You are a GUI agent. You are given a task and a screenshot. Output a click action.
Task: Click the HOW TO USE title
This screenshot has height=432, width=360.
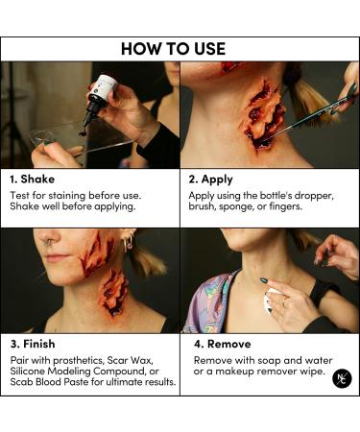(x=173, y=49)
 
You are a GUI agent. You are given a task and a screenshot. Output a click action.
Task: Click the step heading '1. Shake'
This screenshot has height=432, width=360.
(x=32, y=180)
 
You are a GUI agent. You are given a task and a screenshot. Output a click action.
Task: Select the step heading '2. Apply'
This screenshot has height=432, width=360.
(x=210, y=180)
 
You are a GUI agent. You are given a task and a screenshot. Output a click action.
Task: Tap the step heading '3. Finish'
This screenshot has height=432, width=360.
(x=33, y=344)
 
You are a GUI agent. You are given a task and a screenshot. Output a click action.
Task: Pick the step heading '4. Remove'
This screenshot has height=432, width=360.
(x=223, y=344)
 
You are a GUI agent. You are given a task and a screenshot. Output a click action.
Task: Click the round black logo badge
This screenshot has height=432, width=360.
(x=342, y=378)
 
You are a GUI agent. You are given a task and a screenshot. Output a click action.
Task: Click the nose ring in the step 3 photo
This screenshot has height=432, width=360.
(x=48, y=242)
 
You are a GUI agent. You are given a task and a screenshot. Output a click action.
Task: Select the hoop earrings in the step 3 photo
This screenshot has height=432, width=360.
(x=129, y=243)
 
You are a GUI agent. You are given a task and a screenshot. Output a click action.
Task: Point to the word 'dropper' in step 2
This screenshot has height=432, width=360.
(x=314, y=196)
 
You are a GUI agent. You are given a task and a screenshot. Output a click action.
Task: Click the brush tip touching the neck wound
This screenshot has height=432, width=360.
(x=268, y=138)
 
